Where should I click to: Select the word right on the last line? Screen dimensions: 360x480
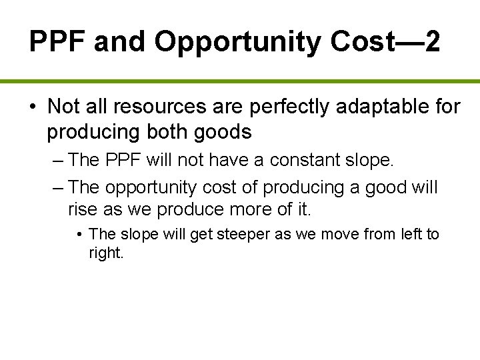pyautogui.click(x=105, y=253)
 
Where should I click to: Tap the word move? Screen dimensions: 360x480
pyautogui.click(x=338, y=234)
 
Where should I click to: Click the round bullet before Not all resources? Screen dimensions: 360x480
pyautogui.click(x=33, y=107)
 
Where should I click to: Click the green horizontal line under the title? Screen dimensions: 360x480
pyautogui.click(x=240, y=81)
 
